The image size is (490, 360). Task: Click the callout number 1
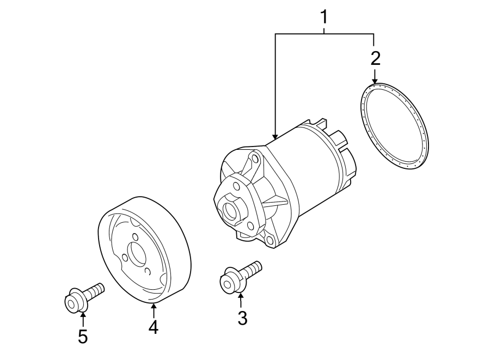pos(324,17)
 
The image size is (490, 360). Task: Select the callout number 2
pos(375,58)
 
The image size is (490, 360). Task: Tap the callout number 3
pos(242,318)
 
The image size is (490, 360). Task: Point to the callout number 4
pos(154,327)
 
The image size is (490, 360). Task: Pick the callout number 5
pos(83,337)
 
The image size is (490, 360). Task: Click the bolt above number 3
pos(240,276)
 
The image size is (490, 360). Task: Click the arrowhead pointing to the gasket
pos(375,81)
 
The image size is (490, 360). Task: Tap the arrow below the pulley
pos(154,309)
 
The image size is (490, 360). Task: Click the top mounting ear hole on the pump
pos(254,160)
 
